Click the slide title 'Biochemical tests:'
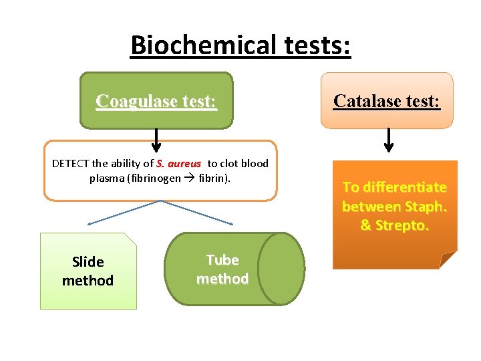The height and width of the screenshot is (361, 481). tap(240, 45)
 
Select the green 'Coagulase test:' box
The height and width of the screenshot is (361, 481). tap(156, 101)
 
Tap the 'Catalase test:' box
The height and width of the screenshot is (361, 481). tap(387, 101)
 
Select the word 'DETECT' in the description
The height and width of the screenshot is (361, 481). tap(71, 164)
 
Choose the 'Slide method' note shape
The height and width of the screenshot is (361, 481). tap(88, 271)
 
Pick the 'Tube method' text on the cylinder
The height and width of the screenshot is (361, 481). tap(222, 269)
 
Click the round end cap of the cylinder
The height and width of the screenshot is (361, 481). tap(281, 269)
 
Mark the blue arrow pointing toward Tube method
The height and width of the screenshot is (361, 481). tap(200, 213)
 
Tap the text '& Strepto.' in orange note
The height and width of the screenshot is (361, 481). tap(394, 225)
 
